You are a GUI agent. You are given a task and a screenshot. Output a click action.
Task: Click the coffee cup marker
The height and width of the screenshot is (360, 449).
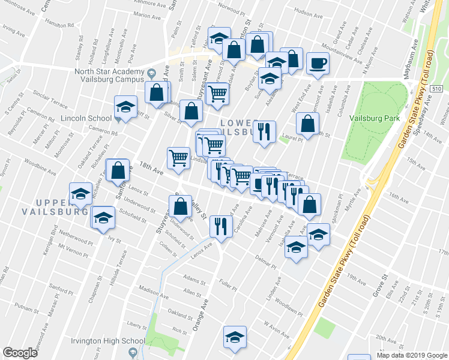pos(318,62)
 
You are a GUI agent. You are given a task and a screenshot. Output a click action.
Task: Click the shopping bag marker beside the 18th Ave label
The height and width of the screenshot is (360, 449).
pos(118,170)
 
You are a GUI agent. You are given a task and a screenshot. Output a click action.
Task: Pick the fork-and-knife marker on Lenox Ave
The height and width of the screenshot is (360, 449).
pos(221,226)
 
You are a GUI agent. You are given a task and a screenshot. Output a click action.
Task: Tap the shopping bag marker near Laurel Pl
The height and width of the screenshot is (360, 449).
pos(307,124)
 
